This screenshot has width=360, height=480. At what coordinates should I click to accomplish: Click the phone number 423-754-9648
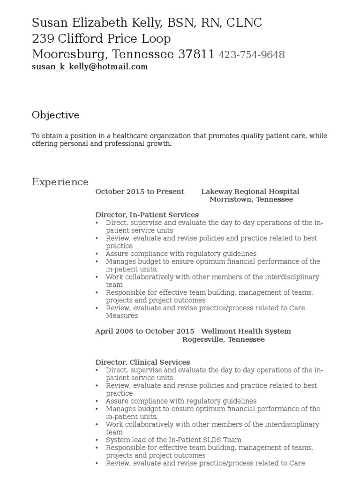(x=252, y=55)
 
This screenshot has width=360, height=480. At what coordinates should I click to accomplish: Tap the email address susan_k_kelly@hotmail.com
(x=90, y=67)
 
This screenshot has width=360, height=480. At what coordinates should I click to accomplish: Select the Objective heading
(x=55, y=115)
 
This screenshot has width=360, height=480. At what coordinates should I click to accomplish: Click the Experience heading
(x=60, y=182)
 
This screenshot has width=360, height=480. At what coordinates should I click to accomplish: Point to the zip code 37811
(x=196, y=54)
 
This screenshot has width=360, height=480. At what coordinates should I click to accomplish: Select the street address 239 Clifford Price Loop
(x=101, y=38)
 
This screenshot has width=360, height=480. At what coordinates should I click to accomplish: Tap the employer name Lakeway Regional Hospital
(x=250, y=191)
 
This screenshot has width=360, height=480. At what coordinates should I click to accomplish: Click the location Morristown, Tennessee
(x=251, y=199)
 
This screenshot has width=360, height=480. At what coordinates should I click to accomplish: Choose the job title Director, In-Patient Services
(x=147, y=215)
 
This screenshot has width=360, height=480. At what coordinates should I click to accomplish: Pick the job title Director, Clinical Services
(x=142, y=362)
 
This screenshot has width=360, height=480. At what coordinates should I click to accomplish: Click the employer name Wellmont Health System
(x=246, y=331)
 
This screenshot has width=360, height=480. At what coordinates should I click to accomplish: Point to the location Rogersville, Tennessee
(x=223, y=339)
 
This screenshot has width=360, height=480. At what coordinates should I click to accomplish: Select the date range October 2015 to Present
(x=140, y=191)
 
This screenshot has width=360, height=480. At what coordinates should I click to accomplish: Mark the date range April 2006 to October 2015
(x=138, y=331)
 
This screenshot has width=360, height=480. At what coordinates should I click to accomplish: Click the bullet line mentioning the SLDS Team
(x=173, y=440)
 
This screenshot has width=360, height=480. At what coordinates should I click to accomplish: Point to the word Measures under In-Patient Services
(x=122, y=316)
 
